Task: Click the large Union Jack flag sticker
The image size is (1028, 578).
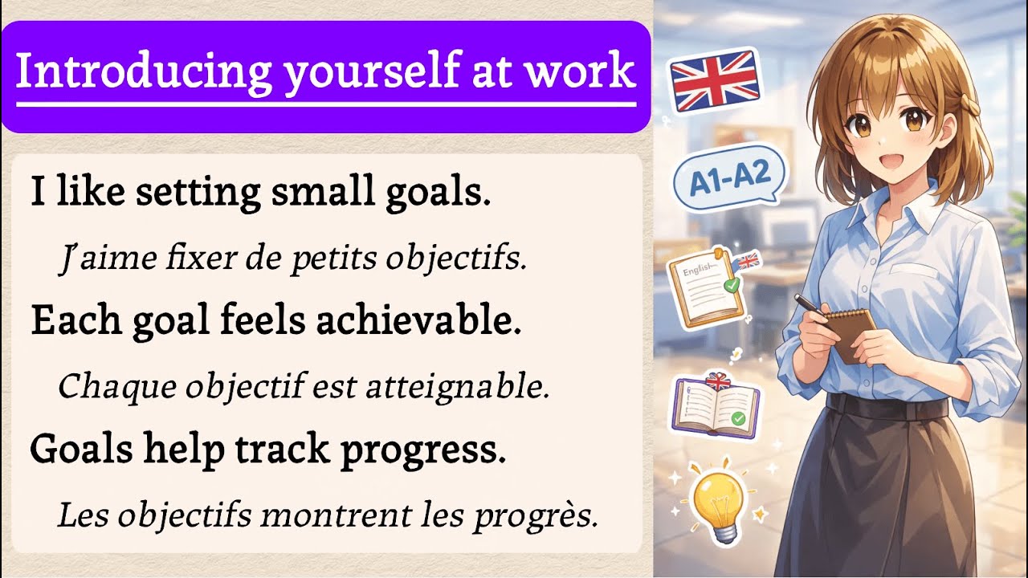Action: pos(715,80)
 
